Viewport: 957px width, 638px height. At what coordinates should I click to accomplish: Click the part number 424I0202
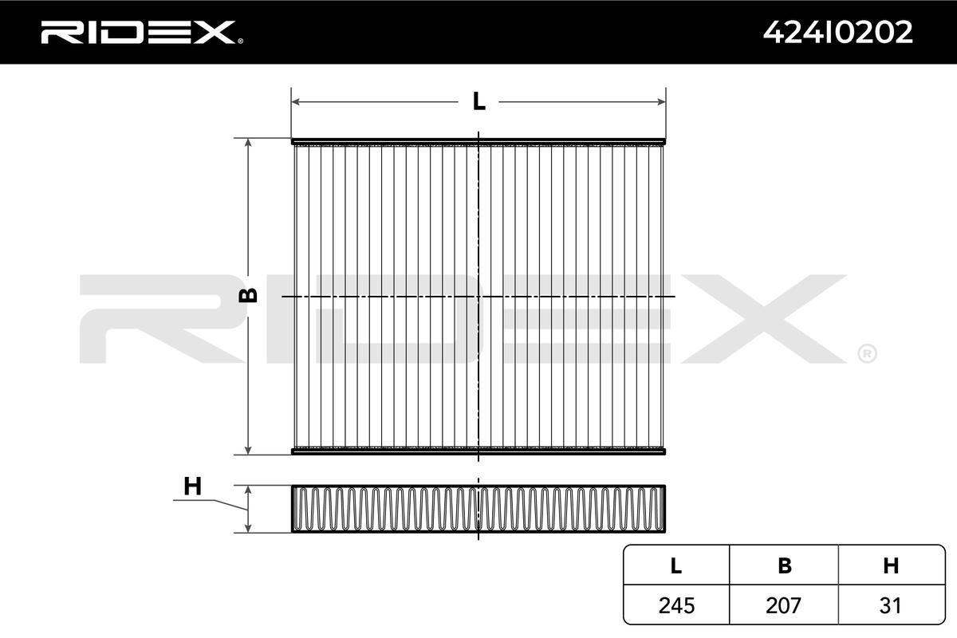(x=838, y=33)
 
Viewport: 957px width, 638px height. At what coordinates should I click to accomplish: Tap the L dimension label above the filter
(x=479, y=102)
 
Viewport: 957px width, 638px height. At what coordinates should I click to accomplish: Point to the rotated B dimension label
(x=248, y=295)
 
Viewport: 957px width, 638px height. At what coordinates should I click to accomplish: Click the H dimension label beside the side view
(x=192, y=486)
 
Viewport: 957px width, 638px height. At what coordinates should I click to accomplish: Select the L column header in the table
(x=676, y=565)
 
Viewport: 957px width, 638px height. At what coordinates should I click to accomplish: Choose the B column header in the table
(x=785, y=565)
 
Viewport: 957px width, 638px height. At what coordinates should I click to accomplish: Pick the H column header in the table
(x=891, y=565)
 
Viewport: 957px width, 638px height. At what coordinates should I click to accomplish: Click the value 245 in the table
(x=676, y=605)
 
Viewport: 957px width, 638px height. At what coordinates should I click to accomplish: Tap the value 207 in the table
(x=783, y=605)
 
